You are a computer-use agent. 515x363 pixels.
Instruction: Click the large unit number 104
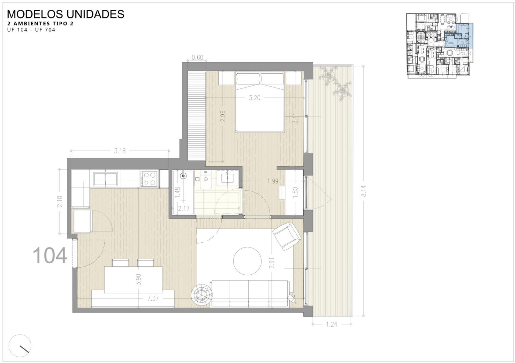[50, 256]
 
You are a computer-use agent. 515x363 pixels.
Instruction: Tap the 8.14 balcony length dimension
[364, 191]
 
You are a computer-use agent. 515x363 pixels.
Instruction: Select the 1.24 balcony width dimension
[332, 324]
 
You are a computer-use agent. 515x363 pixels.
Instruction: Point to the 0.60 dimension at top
[197, 57]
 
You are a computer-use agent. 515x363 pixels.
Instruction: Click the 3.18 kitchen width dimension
[120, 151]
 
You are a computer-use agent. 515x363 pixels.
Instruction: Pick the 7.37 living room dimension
[153, 298]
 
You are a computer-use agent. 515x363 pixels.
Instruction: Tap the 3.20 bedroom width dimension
[255, 98]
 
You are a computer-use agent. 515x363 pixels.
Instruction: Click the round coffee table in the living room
[247, 261]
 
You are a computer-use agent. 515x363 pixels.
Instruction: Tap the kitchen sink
[105, 179]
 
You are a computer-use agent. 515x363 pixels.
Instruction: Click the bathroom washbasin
[227, 178]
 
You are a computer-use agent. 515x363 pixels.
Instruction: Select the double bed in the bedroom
[260, 102]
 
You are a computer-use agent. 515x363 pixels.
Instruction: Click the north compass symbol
[20, 346]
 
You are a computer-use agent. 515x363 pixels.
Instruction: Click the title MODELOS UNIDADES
[66, 14]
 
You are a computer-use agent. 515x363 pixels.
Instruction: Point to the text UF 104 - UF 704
[31, 30]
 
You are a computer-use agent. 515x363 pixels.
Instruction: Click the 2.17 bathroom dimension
[184, 208]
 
